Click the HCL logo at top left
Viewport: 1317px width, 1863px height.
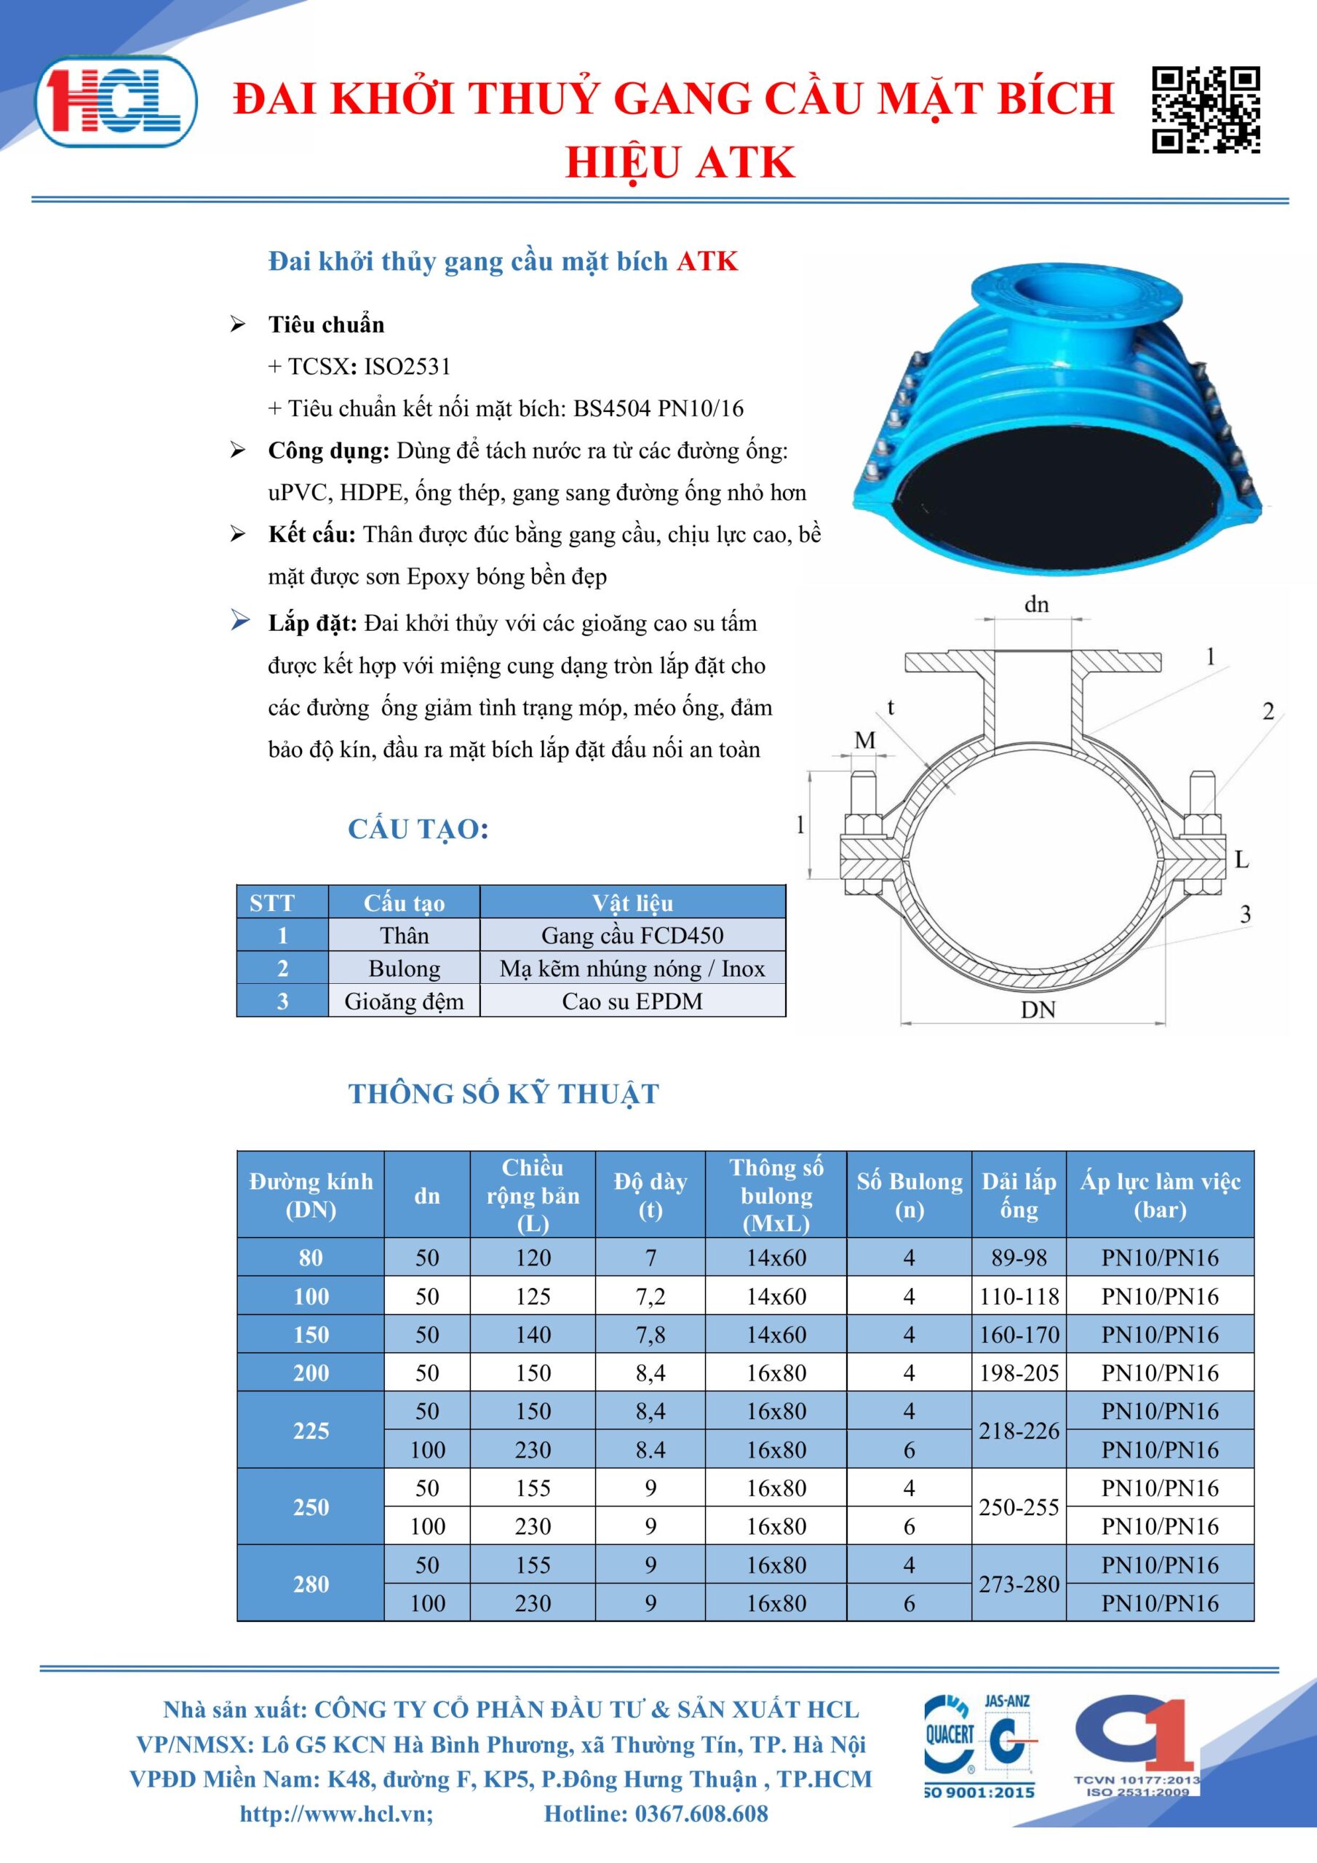[x=115, y=101]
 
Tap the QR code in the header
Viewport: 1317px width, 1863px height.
[x=1206, y=111]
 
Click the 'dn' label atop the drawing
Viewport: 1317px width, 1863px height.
[x=1036, y=605]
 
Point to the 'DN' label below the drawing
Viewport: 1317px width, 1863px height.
[x=1038, y=1010]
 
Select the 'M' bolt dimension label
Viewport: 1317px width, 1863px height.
[x=865, y=740]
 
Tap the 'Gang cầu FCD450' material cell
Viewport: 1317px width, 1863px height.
[x=632, y=936]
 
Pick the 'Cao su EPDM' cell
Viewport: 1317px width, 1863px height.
[x=632, y=1001]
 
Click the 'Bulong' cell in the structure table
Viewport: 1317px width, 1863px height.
[x=404, y=969]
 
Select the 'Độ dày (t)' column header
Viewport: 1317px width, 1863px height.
[x=650, y=1195]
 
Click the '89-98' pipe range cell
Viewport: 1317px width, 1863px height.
[x=1019, y=1258]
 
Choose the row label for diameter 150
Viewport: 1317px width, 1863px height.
[x=311, y=1335]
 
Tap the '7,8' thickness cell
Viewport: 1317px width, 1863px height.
[x=650, y=1335]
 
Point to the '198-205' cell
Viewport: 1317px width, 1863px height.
[x=1019, y=1373]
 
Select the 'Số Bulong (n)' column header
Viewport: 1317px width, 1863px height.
[x=909, y=1195]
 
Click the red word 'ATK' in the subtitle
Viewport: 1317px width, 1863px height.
[x=707, y=261]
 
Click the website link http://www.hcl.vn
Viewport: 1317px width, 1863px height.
[x=336, y=1814]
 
